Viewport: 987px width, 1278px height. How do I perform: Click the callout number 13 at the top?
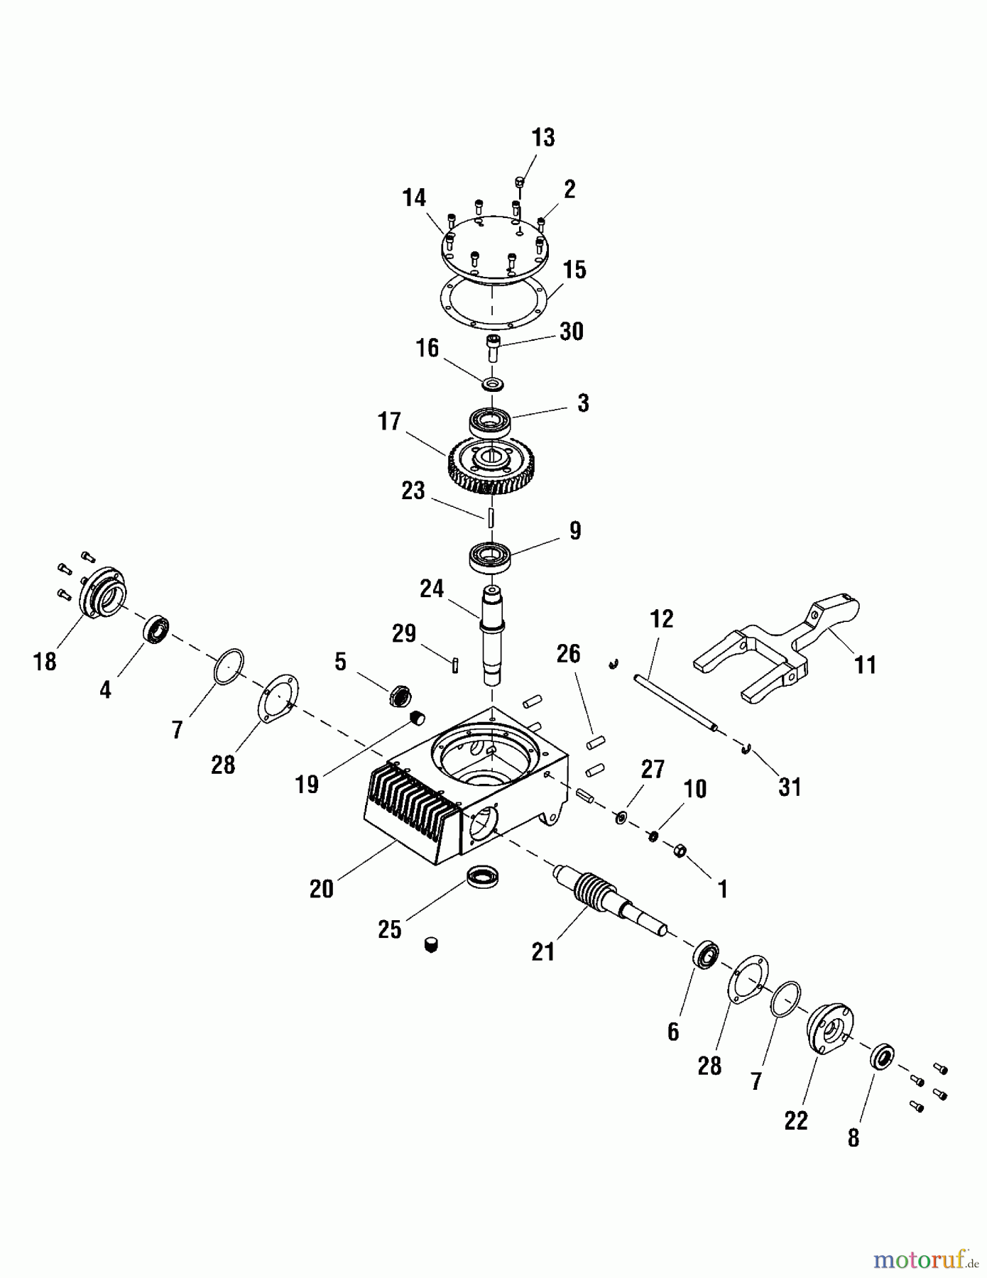pyautogui.click(x=543, y=138)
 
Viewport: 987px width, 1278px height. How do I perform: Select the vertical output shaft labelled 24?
pyautogui.click(x=492, y=632)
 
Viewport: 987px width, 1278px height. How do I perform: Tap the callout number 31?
pyautogui.click(x=790, y=787)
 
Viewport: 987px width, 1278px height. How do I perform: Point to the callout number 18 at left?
pyautogui.click(x=45, y=662)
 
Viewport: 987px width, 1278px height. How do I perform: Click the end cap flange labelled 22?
pyautogui.click(x=829, y=1029)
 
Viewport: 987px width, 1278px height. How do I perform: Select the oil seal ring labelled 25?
pyautogui.click(x=485, y=876)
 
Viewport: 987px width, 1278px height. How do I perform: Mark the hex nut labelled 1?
pyautogui.click(x=679, y=850)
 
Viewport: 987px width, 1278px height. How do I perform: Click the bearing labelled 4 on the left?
pyautogui.click(x=156, y=630)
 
